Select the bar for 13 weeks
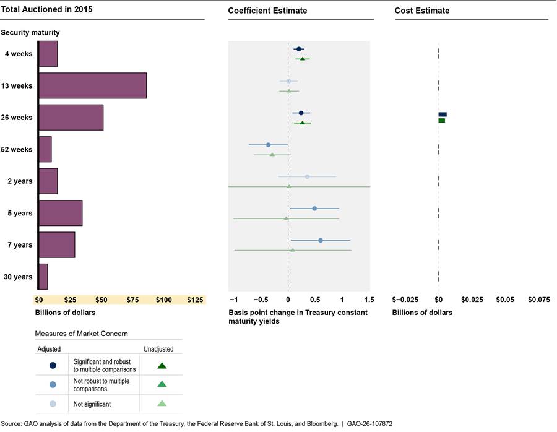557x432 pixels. (92, 85)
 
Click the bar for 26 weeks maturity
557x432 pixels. (71, 118)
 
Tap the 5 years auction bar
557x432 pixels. (60, 213)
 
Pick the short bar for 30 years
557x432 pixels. (43, 277)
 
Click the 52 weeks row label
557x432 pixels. (17, 150)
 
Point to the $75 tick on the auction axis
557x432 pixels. (132, 300)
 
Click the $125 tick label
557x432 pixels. (195, 300)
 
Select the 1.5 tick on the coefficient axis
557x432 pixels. (369, 300)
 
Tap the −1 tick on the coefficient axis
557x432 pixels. (233, 300)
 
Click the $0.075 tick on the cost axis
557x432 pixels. (538, 300)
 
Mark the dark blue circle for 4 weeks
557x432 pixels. (299, 49)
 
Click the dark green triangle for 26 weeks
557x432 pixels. (302, 123)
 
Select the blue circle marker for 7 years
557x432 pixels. (320, 240)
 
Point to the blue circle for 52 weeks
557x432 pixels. (268, 145)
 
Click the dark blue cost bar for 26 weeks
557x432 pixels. (443, 114)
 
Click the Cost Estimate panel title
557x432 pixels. (422, 11)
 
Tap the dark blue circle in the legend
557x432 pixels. (53, 365)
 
